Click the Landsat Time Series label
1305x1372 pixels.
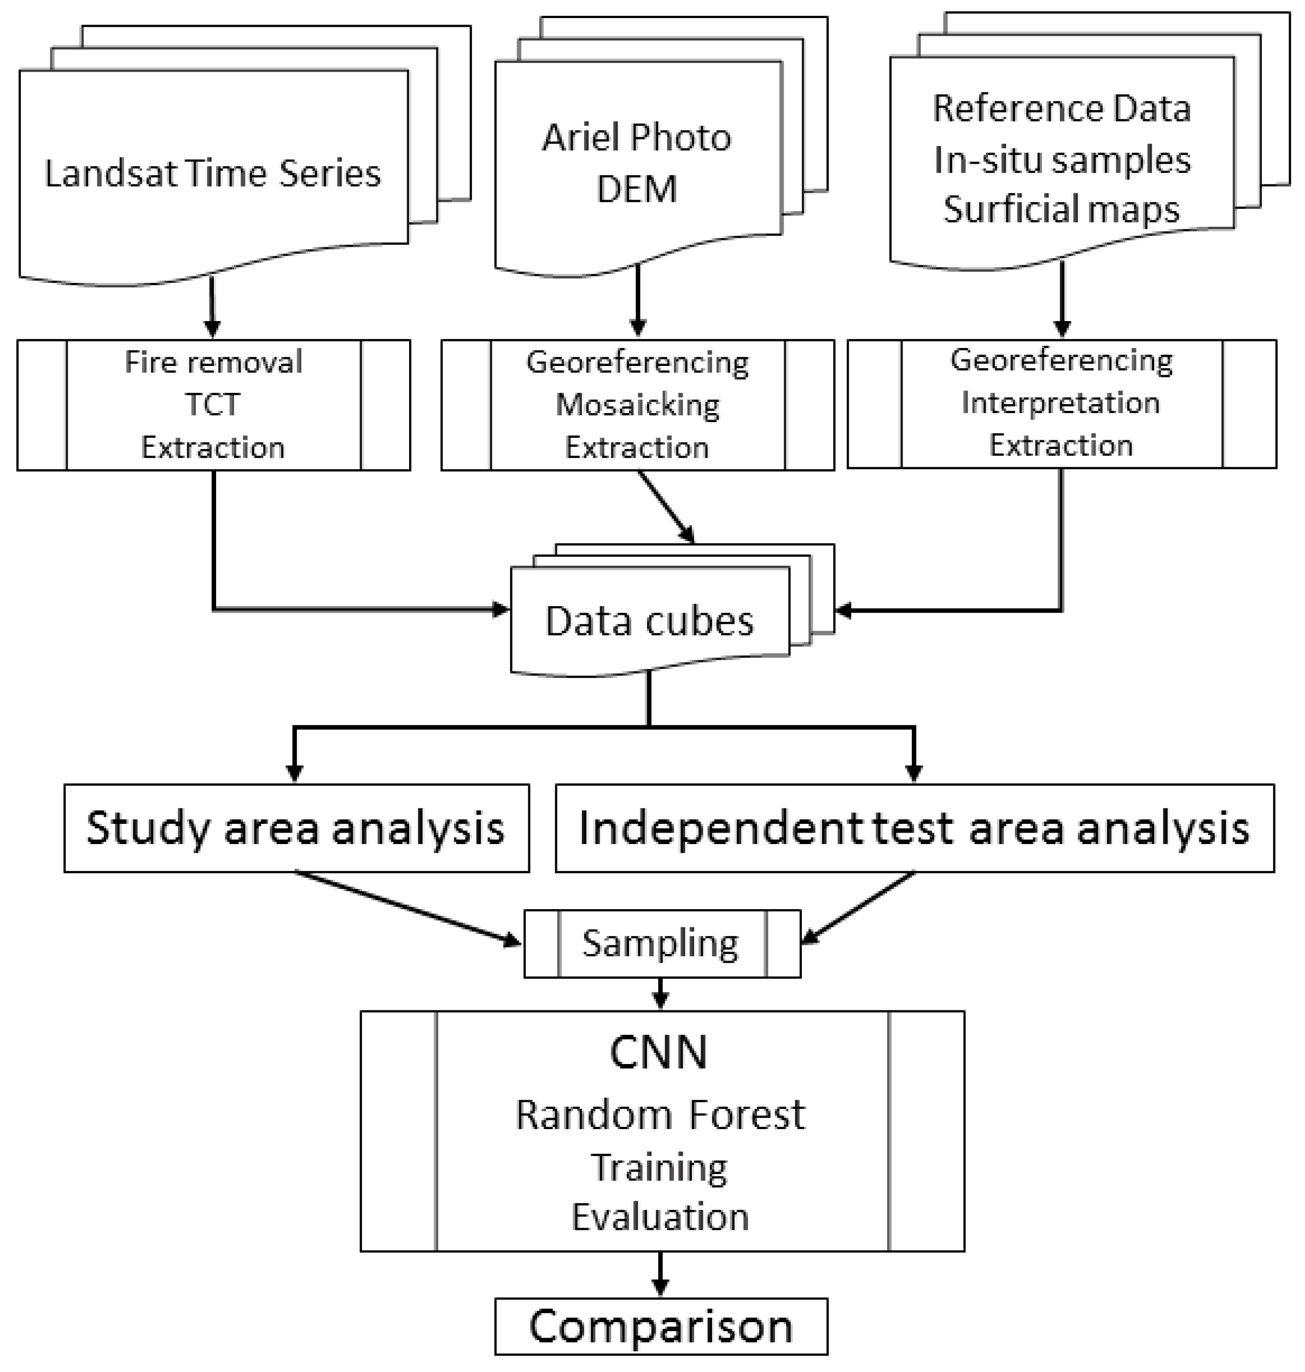tap(213, 174)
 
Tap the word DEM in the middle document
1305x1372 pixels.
tap(637, 189)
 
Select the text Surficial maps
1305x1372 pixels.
tap(1061, 209)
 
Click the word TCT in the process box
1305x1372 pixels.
tap(213, 404)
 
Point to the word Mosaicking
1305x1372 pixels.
tap(637, 405)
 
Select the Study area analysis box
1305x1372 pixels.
tap(296, 828)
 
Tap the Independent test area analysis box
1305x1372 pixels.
tap(914, 828)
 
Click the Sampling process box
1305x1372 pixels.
tap(661, 944)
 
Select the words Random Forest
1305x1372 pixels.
tap(660, 1115)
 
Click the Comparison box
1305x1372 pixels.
tap(661, 1326)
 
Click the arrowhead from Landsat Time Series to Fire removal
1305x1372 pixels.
tap(213, 327)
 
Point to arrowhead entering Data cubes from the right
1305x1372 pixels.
tap(843, 611)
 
